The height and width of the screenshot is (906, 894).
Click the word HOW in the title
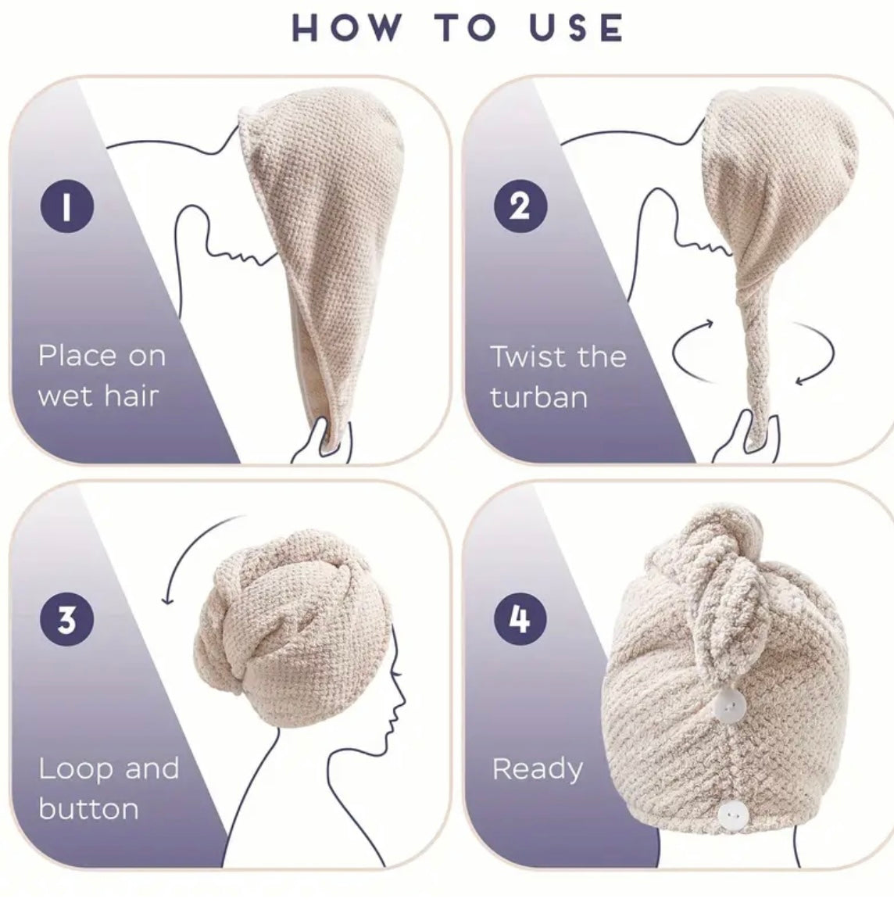346,27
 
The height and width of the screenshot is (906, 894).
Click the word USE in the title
577,27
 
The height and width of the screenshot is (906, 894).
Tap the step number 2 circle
520,206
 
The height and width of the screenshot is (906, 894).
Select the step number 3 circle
67,619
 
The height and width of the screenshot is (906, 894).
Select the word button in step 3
89,808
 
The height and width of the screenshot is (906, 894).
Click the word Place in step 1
79,356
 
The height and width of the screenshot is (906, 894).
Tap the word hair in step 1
131,396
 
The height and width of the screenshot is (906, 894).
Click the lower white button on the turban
733,815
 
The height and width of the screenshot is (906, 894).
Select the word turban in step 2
539,397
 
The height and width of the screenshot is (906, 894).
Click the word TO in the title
466,27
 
